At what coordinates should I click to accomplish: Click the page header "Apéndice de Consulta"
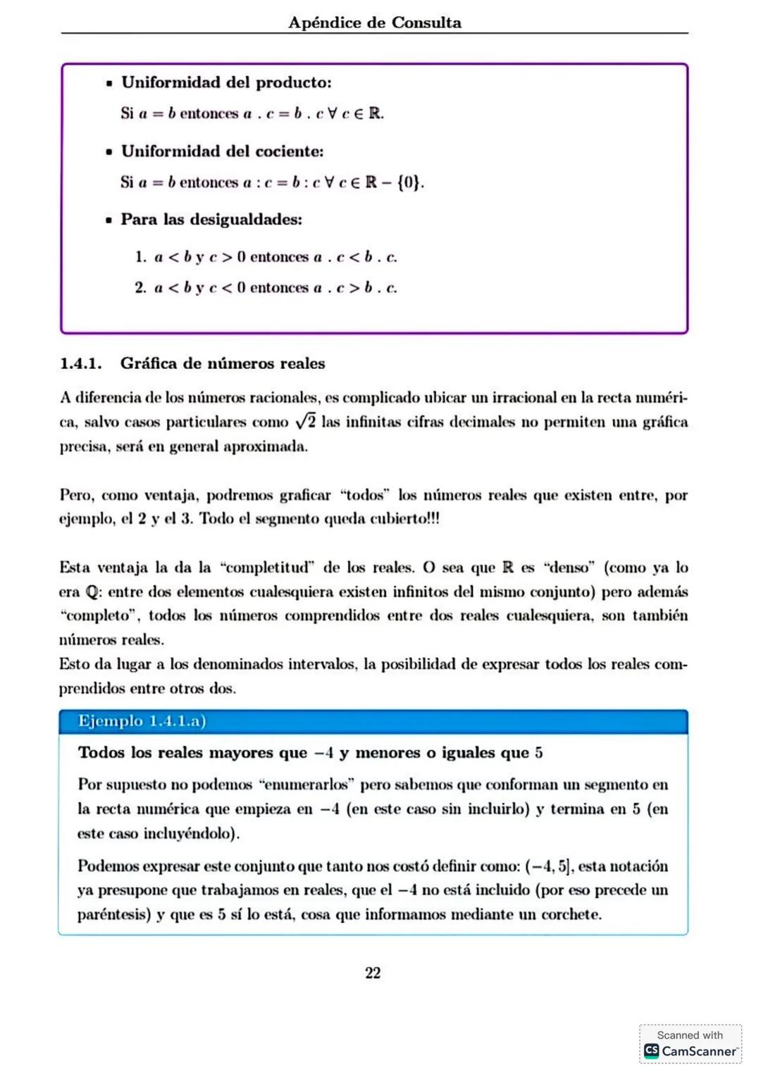click(x=375, y=23)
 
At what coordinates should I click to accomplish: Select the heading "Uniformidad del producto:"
click(x=226, y=82)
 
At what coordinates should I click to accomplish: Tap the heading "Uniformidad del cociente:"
click(x=222, y=151)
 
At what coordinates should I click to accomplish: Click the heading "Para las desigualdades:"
click(x=211, y=220)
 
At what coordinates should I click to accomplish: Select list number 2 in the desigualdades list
click(x=140, y=288)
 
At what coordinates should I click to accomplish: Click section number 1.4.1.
click(x=80, y=364)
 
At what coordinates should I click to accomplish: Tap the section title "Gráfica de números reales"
click(x=223, y=364)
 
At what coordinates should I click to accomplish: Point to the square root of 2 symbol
click(x=305, y=422)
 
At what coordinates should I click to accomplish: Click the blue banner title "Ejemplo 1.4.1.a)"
click(x=142, y=721)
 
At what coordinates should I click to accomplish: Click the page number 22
click(x=373, y=973)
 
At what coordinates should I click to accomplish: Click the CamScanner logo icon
click(x=651, y=1051)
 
